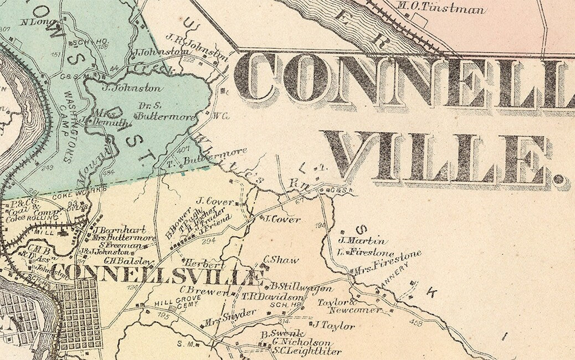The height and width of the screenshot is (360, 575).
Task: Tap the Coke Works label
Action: coord(70,195)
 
